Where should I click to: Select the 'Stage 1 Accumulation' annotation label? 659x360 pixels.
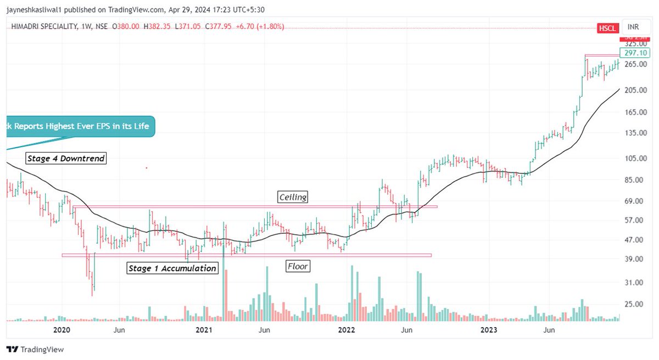tap(171, 268)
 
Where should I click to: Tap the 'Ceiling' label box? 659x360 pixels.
tap(292, 197)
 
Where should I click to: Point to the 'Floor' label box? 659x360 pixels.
tap(298, 267)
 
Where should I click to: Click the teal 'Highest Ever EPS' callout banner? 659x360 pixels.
tap(77, 127)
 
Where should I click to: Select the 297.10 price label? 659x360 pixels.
tap(633, 53)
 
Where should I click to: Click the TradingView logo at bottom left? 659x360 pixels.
tap(35, 350)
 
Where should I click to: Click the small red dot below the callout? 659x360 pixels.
tap(146, 168)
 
